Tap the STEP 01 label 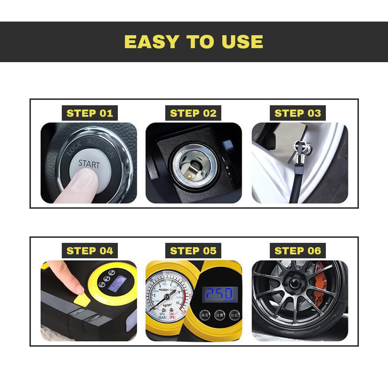coord(90,113)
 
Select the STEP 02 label coord(193,113)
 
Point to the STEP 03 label coord(297,113)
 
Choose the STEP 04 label coord(90,250)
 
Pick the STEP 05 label coord(193,250)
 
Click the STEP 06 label coord(297,250)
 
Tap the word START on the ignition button coord(89,164)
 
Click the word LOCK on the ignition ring coord(74,148)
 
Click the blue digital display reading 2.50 coord(220,294)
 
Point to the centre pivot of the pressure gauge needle coord(167,298)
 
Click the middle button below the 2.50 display coord(220,315)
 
